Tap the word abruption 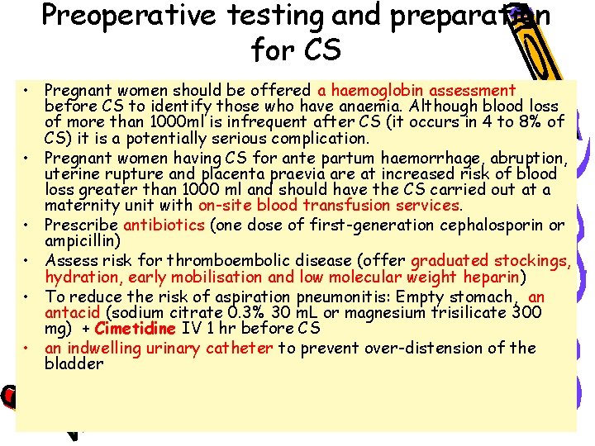click(x=527, y=158)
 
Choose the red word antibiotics click(x=164, y=225)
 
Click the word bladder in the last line click(x=74, y=363)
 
